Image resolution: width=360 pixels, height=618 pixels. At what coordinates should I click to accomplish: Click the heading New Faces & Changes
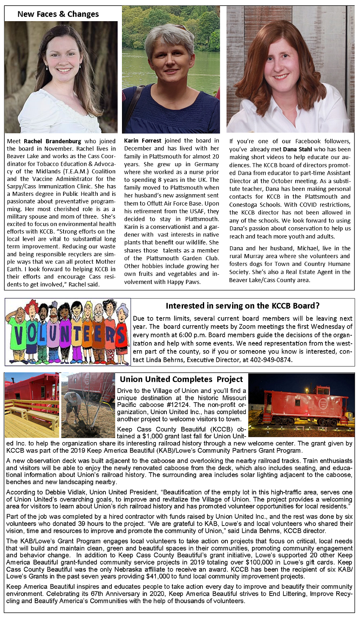(58, 14)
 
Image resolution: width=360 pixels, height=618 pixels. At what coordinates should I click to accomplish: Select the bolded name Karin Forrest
(143, 141)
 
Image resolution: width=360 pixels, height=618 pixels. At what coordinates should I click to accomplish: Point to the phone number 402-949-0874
(272, 359)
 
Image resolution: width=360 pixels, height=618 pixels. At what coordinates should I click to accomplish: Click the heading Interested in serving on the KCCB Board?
(242, 306)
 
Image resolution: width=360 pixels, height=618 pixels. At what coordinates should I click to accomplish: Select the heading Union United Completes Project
(181, 379)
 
